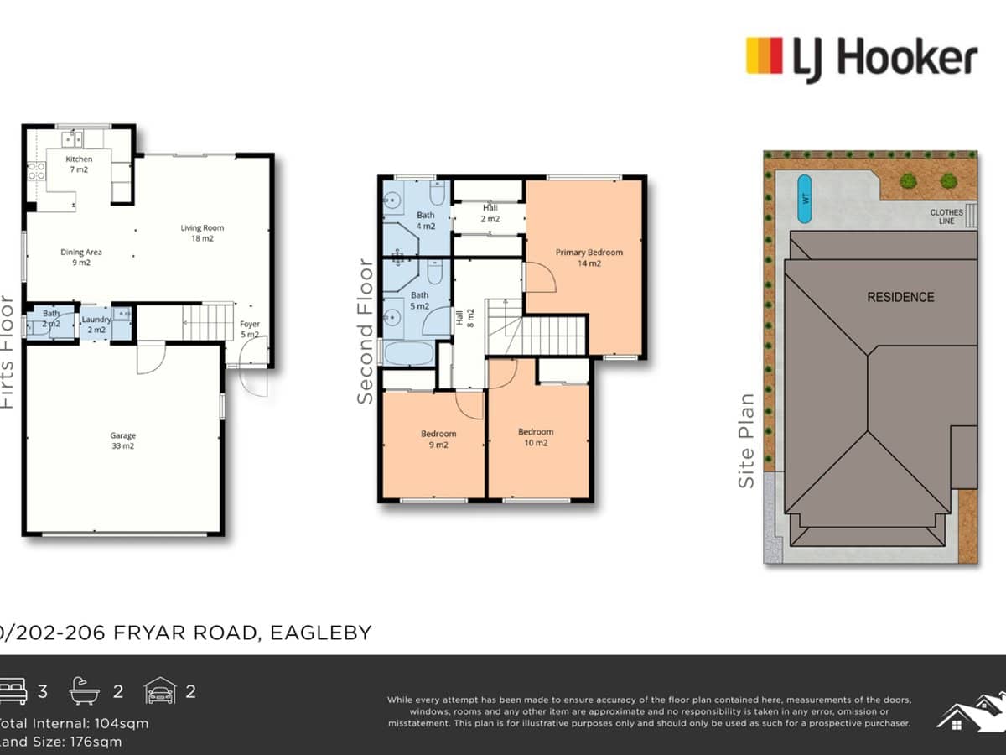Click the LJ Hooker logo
pyautogui.click(x=862, y=59)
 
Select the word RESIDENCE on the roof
pyautogui.click(x=900, y=297)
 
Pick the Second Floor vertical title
pyautogui.click(x=366, y=331)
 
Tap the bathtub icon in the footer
pyautogui.click(x=85, y=691)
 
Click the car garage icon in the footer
pyautogui.click(x=159, y=691)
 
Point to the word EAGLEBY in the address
pyautogui.click(x=321, y=633)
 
